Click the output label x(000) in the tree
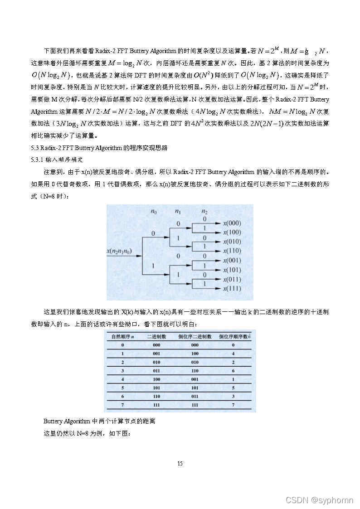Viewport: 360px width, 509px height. pos(231,223)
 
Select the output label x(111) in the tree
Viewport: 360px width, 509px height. pos(231,289)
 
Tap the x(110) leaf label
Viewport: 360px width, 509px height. pos(231,251)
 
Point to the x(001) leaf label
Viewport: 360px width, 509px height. pos(231,261)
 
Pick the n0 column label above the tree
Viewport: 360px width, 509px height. pos(154,211)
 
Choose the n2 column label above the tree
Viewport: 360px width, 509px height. pos(205,211)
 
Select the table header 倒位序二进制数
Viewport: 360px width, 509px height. pos(195,337)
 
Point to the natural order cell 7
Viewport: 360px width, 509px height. pos(122,404)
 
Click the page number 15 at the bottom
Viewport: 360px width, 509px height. pos(180,463)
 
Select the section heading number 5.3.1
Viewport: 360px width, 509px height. pos(37,160)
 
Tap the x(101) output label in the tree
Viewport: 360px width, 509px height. pos(231,270)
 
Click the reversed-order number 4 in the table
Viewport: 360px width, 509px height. pos(233,354)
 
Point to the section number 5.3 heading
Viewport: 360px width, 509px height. pos(34,148)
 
